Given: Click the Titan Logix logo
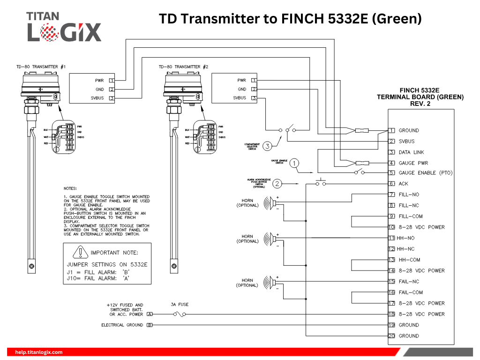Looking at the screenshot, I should coord(64,27).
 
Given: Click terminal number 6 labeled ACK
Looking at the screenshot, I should coord(392,184).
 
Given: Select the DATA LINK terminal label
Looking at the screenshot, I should coord(411,152).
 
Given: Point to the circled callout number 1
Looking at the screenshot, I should coord(294,163).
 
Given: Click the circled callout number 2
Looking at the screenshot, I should coord(277,183).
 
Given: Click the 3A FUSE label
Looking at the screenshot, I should coord(180,305).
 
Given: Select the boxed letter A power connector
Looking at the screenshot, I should coord(150,314).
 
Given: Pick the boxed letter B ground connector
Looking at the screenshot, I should coord(150,325).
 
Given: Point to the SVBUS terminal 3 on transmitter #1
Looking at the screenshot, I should coord(112,98).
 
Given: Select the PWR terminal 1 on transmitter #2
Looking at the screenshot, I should coord(254,80).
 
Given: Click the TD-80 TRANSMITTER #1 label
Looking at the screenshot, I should coord(41,67).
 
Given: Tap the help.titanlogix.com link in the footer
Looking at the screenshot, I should coord(39,352).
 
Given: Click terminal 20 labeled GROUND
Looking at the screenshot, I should coord(392,336).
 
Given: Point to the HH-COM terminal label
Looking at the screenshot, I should coord(409,260).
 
